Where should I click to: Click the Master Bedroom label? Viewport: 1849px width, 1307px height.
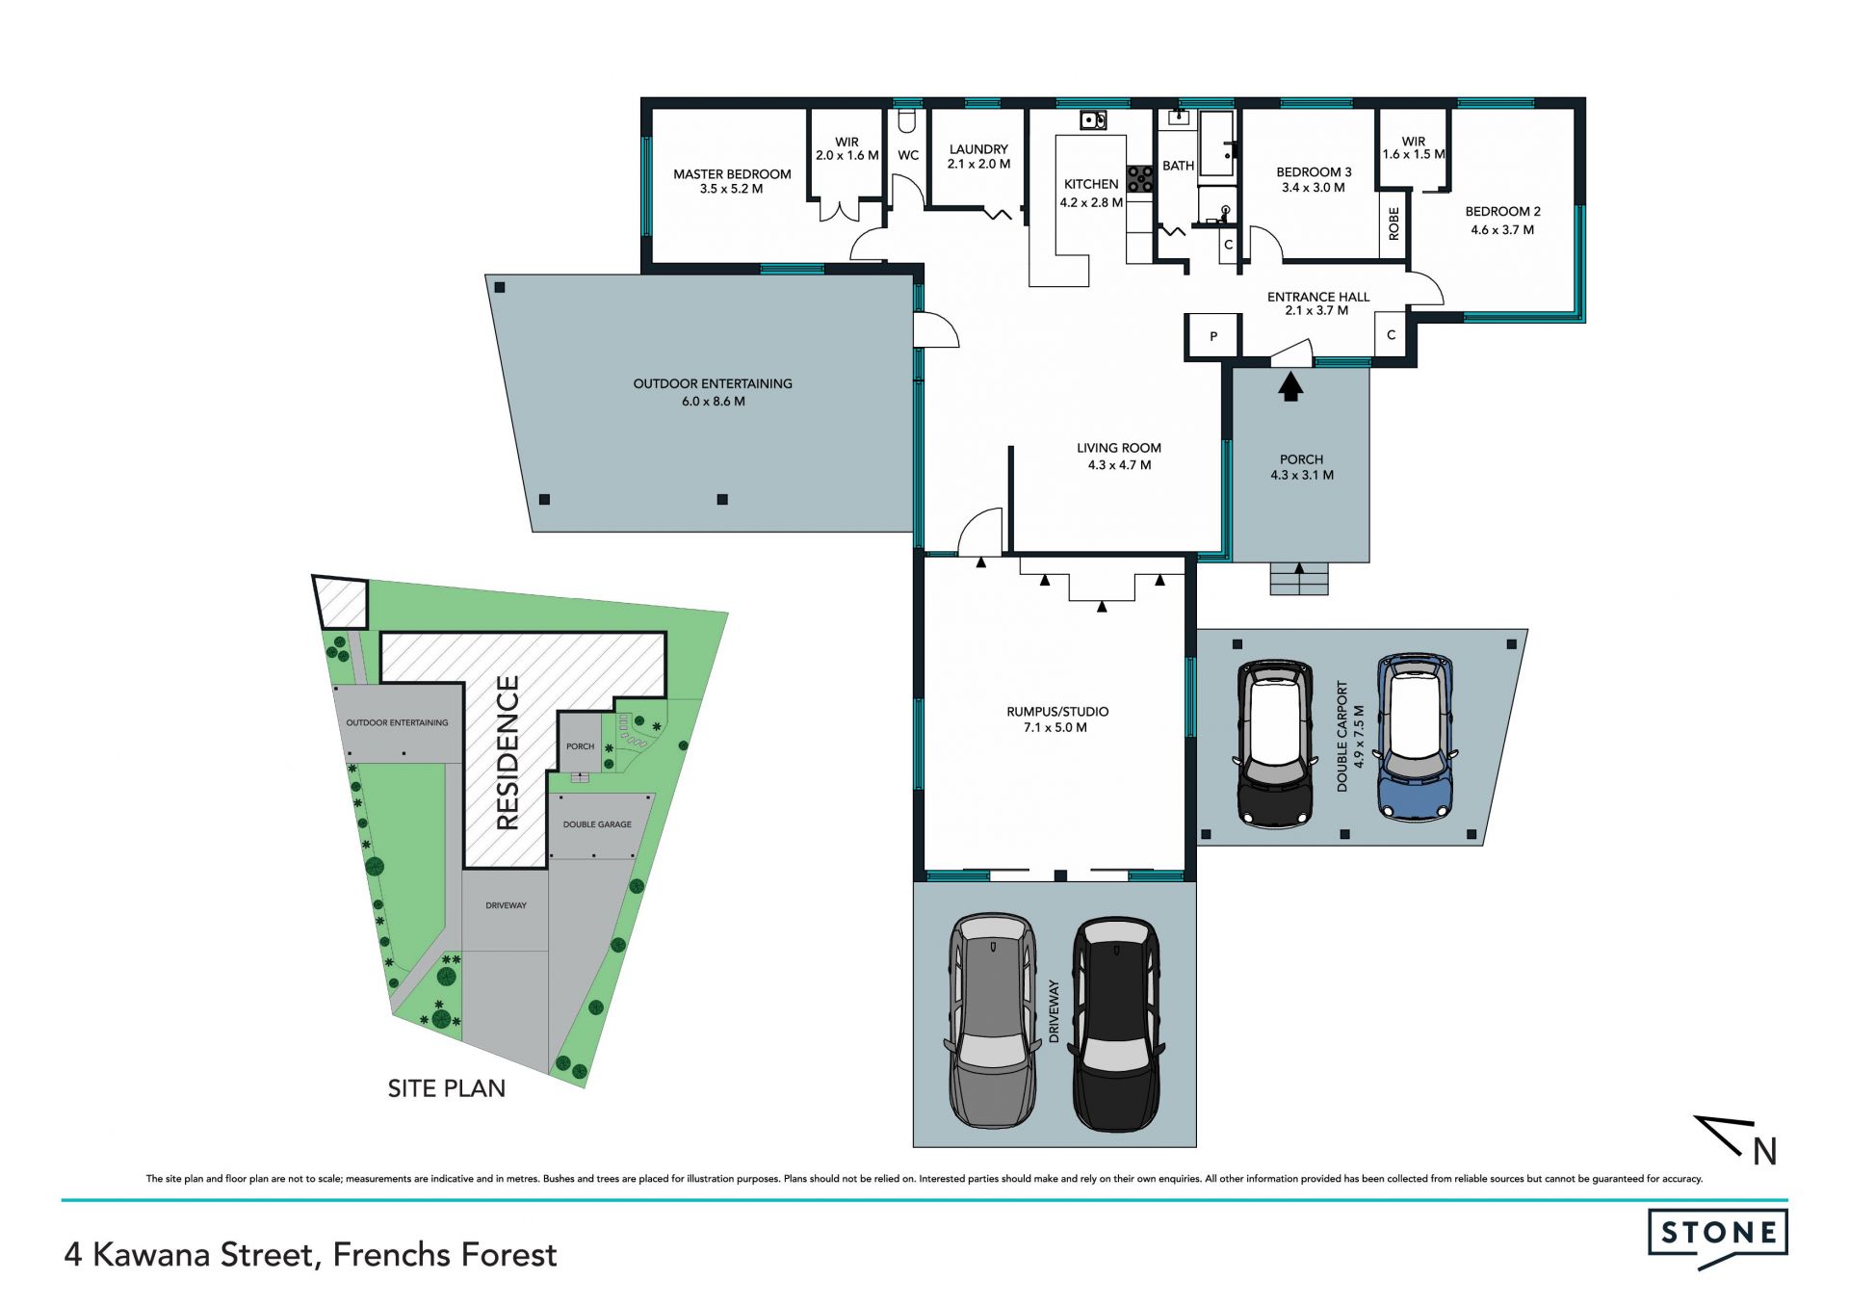(x=732, y=174)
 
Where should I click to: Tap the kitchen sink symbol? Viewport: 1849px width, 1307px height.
(x=1093, y=120)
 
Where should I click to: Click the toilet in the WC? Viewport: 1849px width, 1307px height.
(x=906, y=121)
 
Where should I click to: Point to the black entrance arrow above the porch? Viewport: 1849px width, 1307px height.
(x=1290, y=387)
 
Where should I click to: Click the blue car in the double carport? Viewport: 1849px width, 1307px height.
(x=1415, y=738)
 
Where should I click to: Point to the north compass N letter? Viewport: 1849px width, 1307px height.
(x=1764, y=1151)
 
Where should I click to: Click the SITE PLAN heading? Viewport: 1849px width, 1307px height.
(x=447, y=1088)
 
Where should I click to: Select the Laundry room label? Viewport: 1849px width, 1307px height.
(x=978, y=149)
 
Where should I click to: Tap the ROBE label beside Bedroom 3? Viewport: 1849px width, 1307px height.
(x=1393, y=224)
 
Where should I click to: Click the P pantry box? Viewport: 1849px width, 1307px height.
(x=1213, y=336)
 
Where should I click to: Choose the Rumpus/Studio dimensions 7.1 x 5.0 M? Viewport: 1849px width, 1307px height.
(x=1056, y=728)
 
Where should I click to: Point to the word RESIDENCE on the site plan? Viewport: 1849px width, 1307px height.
(x=508, y=752)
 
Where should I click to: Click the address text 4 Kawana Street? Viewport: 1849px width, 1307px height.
(x=189, y=1256)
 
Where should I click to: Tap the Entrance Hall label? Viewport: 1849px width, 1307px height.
(x=1317, y=297)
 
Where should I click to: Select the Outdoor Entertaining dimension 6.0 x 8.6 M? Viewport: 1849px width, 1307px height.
(x=713, y=402)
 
